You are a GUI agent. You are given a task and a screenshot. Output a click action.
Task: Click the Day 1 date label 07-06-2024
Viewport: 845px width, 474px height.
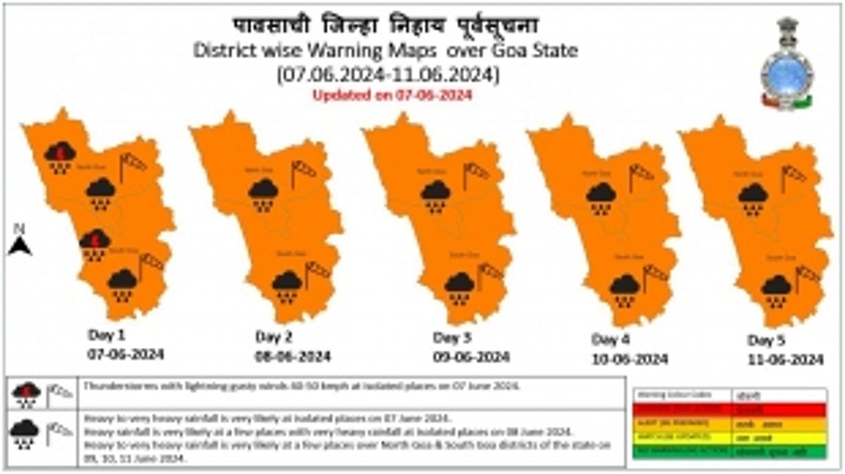click(125, 354)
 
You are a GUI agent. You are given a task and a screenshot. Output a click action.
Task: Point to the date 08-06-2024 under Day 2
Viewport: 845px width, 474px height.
click(292, 356)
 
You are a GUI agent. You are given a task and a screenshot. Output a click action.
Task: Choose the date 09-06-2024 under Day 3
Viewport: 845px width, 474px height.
click(470, 357)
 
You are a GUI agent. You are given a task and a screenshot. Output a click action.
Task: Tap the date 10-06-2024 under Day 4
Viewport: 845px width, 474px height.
click(630, 359)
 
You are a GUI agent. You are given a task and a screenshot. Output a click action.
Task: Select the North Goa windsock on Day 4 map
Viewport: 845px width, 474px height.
click(639, 175)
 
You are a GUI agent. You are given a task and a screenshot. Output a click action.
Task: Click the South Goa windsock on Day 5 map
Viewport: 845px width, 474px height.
click(807, 275)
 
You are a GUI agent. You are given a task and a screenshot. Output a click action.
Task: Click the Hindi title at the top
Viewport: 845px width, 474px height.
click(386, 26)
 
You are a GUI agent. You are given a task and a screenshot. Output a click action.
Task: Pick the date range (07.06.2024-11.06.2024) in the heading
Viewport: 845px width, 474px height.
click(387, 73)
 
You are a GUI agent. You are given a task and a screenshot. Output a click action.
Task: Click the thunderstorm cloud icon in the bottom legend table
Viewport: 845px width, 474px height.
click(25, 392)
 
